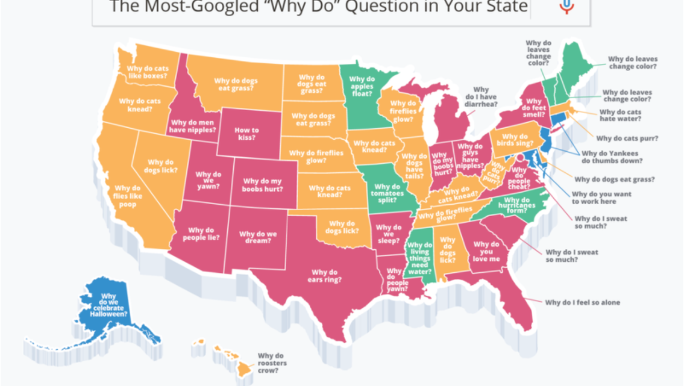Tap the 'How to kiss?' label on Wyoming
coord(246,134)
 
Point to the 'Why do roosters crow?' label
coord(272,364)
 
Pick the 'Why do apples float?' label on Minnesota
coord(362,87)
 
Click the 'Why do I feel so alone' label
coord(582,302)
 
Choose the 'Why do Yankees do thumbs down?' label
coord(612,157)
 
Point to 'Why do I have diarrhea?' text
coord(481,97)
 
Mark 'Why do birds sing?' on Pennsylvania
coord(514,140)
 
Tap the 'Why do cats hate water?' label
coord(620,116)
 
